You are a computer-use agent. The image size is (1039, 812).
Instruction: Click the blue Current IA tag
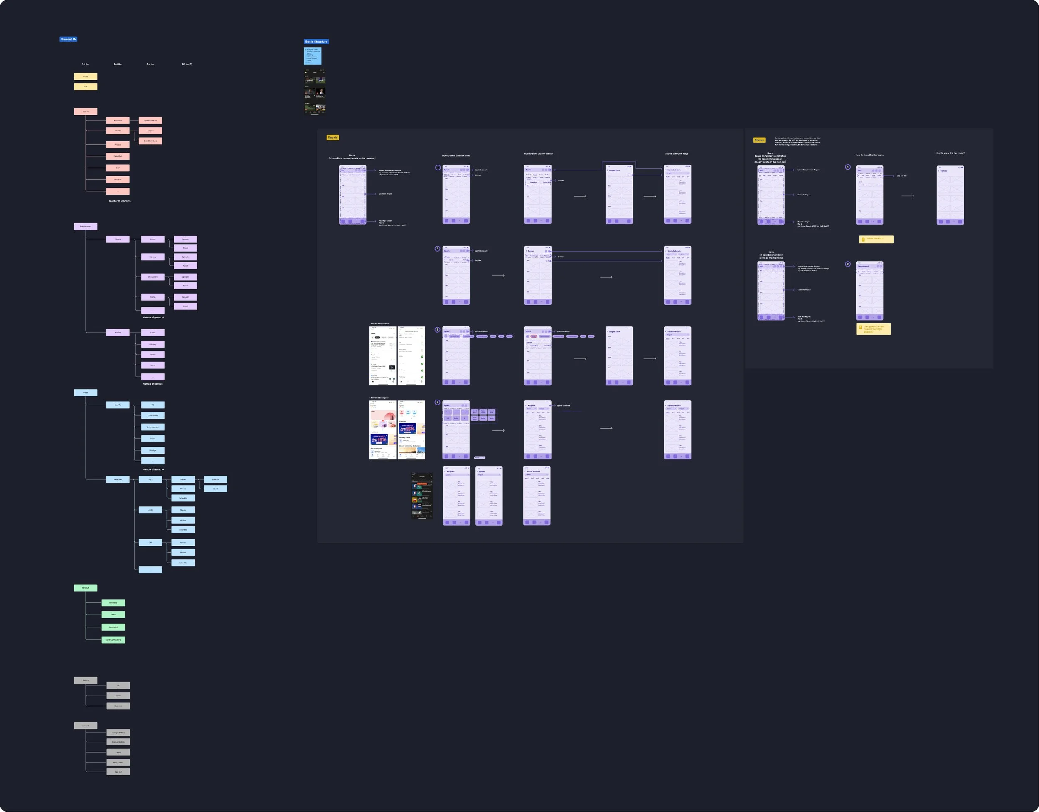68,39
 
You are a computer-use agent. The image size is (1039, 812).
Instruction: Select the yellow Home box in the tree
86,76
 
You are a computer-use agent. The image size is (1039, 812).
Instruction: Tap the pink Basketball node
118,156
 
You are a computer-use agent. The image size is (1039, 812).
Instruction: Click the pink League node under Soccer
150,131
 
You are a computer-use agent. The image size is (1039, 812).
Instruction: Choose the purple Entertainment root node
86,227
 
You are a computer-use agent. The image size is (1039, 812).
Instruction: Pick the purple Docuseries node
153,277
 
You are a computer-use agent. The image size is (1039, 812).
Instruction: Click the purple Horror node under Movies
153,365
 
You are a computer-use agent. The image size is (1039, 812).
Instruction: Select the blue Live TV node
118,405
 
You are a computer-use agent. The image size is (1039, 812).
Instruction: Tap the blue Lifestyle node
153,450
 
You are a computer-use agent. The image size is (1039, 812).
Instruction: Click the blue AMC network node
150,510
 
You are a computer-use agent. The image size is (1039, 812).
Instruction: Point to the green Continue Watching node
113,640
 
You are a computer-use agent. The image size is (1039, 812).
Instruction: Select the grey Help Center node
118,763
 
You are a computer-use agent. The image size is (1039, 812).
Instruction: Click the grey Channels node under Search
118,706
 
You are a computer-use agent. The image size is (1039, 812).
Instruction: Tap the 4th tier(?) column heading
187,64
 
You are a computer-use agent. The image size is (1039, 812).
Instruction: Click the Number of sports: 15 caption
120,201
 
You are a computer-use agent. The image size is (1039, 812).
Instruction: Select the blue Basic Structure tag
316,42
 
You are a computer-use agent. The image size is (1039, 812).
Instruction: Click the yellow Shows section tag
759,140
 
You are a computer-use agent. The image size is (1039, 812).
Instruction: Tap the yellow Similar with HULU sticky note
876,239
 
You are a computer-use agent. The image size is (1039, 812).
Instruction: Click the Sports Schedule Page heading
677,154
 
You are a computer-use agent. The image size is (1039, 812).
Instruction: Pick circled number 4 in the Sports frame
437,402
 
